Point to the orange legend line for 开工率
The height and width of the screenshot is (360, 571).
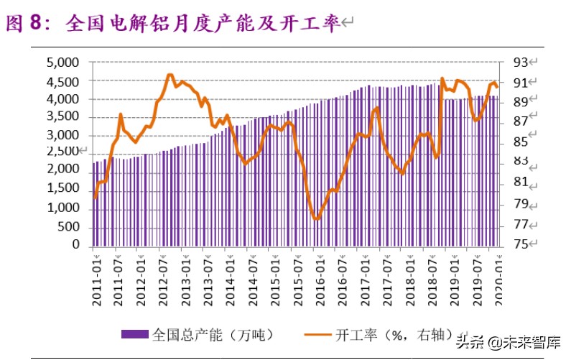point(318,334)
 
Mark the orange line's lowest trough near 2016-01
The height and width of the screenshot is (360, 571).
point(316,219)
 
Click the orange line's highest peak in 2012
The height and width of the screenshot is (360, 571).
point(170,75)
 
